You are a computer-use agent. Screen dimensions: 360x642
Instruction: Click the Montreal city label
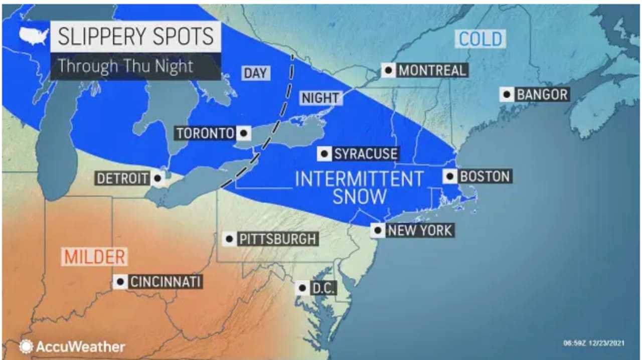point(432,70)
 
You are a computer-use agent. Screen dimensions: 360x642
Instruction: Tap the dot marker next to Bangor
point(507,94)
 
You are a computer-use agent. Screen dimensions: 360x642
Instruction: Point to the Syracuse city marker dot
point(325,153)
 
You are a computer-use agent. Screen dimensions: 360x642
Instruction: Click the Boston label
point(485,176)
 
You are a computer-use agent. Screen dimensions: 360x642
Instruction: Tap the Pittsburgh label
point(277,239)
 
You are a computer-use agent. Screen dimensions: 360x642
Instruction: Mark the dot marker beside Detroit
point(158,178)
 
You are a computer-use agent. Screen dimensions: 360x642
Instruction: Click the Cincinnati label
point(165,282)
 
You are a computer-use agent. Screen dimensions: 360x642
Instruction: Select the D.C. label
point(323,288)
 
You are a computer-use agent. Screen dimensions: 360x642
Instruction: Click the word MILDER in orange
point(94,257)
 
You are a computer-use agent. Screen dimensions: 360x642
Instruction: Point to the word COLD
point(480,39)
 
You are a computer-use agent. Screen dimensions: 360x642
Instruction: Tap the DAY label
point(255,73)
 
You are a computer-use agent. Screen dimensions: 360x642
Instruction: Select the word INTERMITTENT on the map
point(359,178)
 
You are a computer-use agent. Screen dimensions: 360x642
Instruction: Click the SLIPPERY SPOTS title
point(135,37)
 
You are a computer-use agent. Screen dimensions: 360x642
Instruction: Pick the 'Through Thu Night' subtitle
point(125,66)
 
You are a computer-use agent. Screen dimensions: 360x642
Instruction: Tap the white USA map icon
point(34,36)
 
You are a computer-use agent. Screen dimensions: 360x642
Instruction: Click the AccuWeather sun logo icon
point(26,346)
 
